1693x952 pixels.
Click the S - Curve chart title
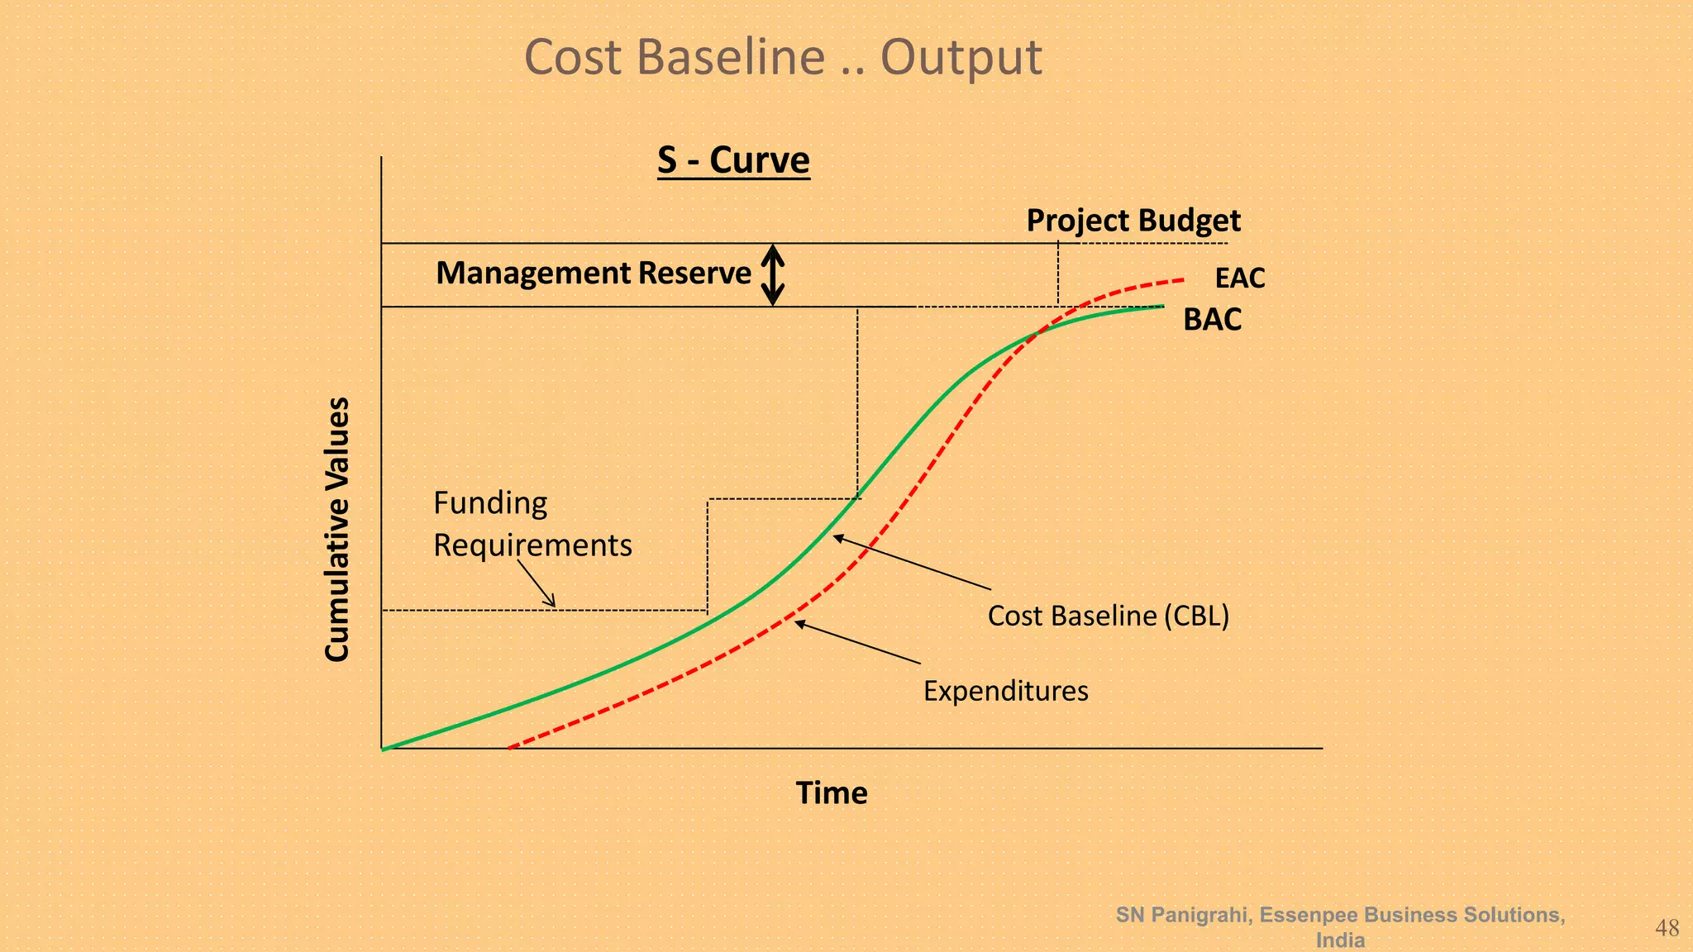[733, 160]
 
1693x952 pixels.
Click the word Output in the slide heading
[961, 58]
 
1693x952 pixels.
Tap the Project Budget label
[1133, 221]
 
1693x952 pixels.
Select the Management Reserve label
[594, 274]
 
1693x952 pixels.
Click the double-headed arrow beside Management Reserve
[772, 275]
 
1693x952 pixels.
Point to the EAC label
[1239, 278]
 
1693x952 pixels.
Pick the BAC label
[1212, 320]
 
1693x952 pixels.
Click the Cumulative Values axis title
[337, 529]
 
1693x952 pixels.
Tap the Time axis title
[831, 793]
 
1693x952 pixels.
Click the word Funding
[490, 503]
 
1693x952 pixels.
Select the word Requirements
[532, 545]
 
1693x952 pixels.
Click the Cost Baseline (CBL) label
[1108, 616]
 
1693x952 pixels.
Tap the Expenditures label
[1005, 691]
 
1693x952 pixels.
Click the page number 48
[1667, 929]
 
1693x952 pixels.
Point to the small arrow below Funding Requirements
[537, 584]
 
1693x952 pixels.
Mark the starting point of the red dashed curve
[510, 747]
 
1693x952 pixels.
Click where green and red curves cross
[1038, 331]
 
